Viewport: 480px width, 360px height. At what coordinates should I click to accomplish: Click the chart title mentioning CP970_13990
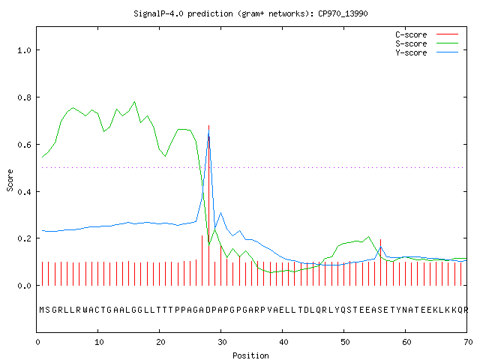click(250, 13)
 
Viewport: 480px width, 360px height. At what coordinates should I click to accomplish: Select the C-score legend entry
click(427, 34)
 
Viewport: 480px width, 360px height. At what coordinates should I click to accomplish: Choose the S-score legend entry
click(427, 43)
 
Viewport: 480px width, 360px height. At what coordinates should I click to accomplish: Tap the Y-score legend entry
click(427, 52)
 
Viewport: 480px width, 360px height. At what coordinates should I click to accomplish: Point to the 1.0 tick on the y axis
click(25, 50)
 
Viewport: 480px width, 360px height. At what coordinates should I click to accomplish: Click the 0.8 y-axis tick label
click(25, 97)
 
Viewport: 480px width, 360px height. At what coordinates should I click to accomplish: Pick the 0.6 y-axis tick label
click(25, 145)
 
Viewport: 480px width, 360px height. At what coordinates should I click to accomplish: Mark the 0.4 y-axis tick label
click(25, 192)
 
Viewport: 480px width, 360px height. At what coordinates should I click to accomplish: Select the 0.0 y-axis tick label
click(25, 286)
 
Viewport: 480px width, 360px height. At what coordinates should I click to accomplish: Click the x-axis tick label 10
click(99, 342)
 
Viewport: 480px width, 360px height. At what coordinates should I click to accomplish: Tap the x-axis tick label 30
click(222, 342)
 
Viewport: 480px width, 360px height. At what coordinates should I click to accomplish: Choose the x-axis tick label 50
click(345, 342)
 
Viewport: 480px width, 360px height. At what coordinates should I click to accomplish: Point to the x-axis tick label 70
click(468, 342)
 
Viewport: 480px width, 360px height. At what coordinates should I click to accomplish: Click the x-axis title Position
click(250, 355)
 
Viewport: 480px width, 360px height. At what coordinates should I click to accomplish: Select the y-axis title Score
click(10, 181)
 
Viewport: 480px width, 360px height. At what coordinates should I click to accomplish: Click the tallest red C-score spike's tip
click(208, 125)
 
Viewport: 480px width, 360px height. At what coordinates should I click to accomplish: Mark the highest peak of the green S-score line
click(135, 102)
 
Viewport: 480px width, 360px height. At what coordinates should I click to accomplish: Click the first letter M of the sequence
click(42, 310)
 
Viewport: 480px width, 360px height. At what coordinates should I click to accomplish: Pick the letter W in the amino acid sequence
click(85, 310)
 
